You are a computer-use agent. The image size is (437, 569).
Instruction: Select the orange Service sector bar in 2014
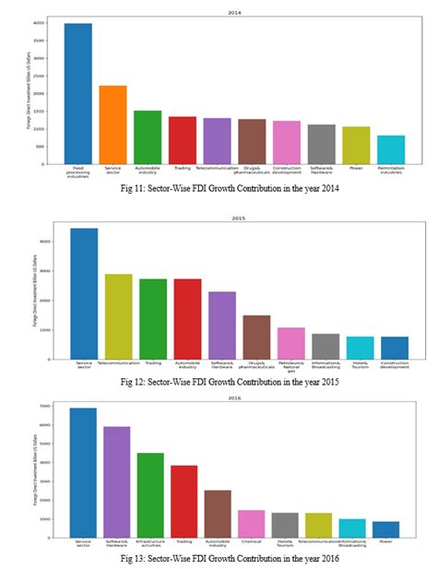click(112, 124)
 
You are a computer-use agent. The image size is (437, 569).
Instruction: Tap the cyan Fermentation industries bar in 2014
click(391, 149)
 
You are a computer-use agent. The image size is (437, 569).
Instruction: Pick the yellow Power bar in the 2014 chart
click(356, 145)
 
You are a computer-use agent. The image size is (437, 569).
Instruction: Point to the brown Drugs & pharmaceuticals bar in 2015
click(256, 337)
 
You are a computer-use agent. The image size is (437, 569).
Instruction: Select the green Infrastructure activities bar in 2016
click(151, 496)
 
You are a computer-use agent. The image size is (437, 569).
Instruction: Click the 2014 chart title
click(235, 13)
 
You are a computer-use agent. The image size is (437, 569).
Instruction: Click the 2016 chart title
click(235, 397)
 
